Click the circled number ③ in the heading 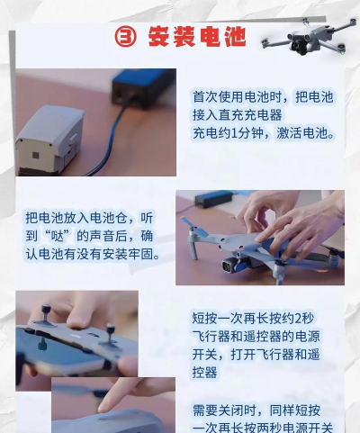pyautogui.click(x=125, y=37)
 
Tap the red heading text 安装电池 pyautogui.click(x=197, y=37)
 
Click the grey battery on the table pyautogui.click(x=49, y=140)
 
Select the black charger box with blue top pyautogui.click(x=143, y=87)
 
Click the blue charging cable pyautogui.click(x=112, y=138)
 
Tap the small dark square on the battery pyautogui.click(x=36, y=155)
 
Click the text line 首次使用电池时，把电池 pyautogui.click(x=263, y=97)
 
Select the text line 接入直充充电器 pyautogui.click(x=238, y=115)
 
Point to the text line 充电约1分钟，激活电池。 pyautogui.click(x=264, y=133)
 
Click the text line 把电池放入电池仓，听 pyautogui.click(x=89, y=218)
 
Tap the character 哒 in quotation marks pyautogui.click(x=58, y=236)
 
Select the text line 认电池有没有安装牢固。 pyautogui.click(x=93, y=255)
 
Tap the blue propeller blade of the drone pyautogui.click(x=195, y=227)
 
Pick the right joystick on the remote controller pyautogui.click(x=110, y=335)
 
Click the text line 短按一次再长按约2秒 pyautogui.click(x=253, y=319)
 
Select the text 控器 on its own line pyautogui.click(x=205, y=373)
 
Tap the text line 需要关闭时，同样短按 pyautogui.click(x=256, y=410)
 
